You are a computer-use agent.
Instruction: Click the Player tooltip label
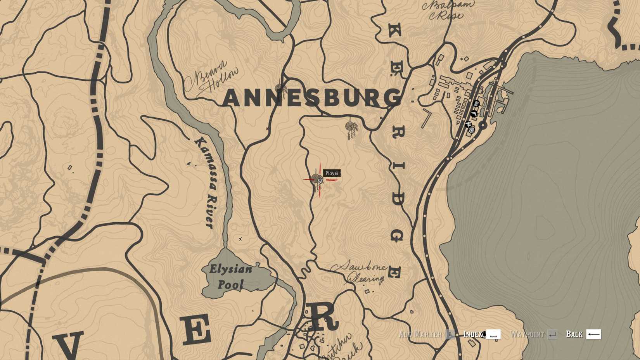tap(332, 173)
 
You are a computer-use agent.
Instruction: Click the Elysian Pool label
tap(230, 277)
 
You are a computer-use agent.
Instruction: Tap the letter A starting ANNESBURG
tap(233, 98)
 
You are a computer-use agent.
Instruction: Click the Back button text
tap(574, 334)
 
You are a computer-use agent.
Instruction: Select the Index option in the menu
tap(472, 334)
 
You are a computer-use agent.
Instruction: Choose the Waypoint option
tap(527, 334)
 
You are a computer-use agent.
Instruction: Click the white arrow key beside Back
tap(593, 334)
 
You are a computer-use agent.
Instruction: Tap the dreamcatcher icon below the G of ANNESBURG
tap(351, 128)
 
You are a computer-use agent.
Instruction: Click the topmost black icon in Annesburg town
tap(477, 104)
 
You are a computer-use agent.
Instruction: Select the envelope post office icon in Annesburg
tap(472, 130)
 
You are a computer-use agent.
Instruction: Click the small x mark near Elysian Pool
tap(240, 239)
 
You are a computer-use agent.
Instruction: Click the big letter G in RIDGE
tap(396, 235)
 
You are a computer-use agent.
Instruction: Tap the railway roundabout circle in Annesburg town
tap(483, 125)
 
